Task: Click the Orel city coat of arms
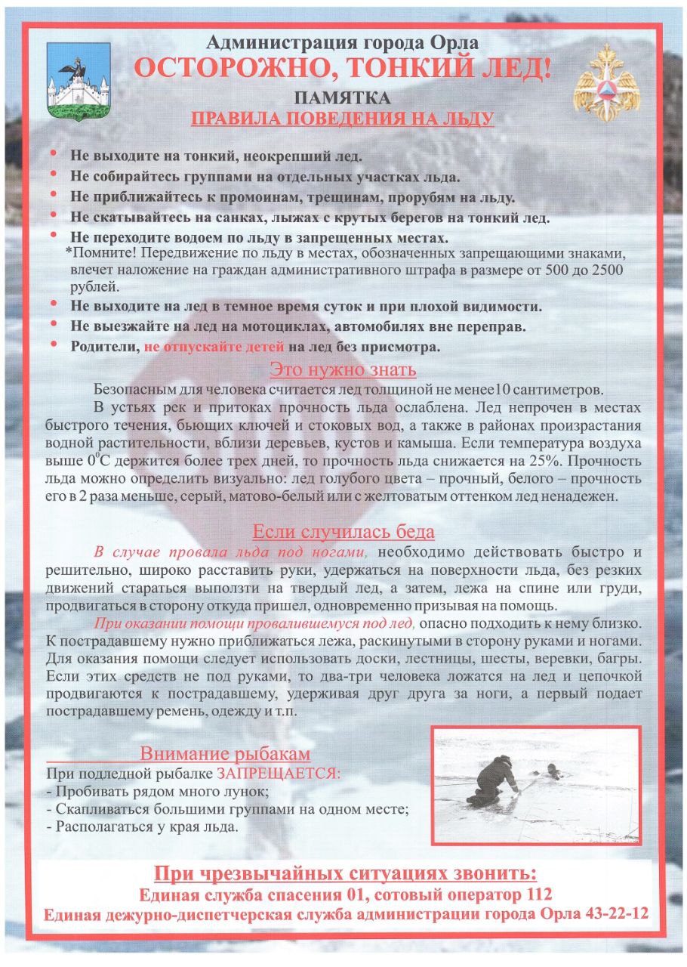point(79,82)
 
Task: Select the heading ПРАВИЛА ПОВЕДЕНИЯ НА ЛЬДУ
point(343,119)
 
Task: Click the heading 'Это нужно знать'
point(343,370)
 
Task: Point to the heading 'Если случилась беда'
point(343,531)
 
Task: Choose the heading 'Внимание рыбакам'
point(225,753)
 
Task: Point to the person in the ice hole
point(553,771)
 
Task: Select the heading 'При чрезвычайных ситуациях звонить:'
point(345,874)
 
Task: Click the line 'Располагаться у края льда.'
point(142,826)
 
